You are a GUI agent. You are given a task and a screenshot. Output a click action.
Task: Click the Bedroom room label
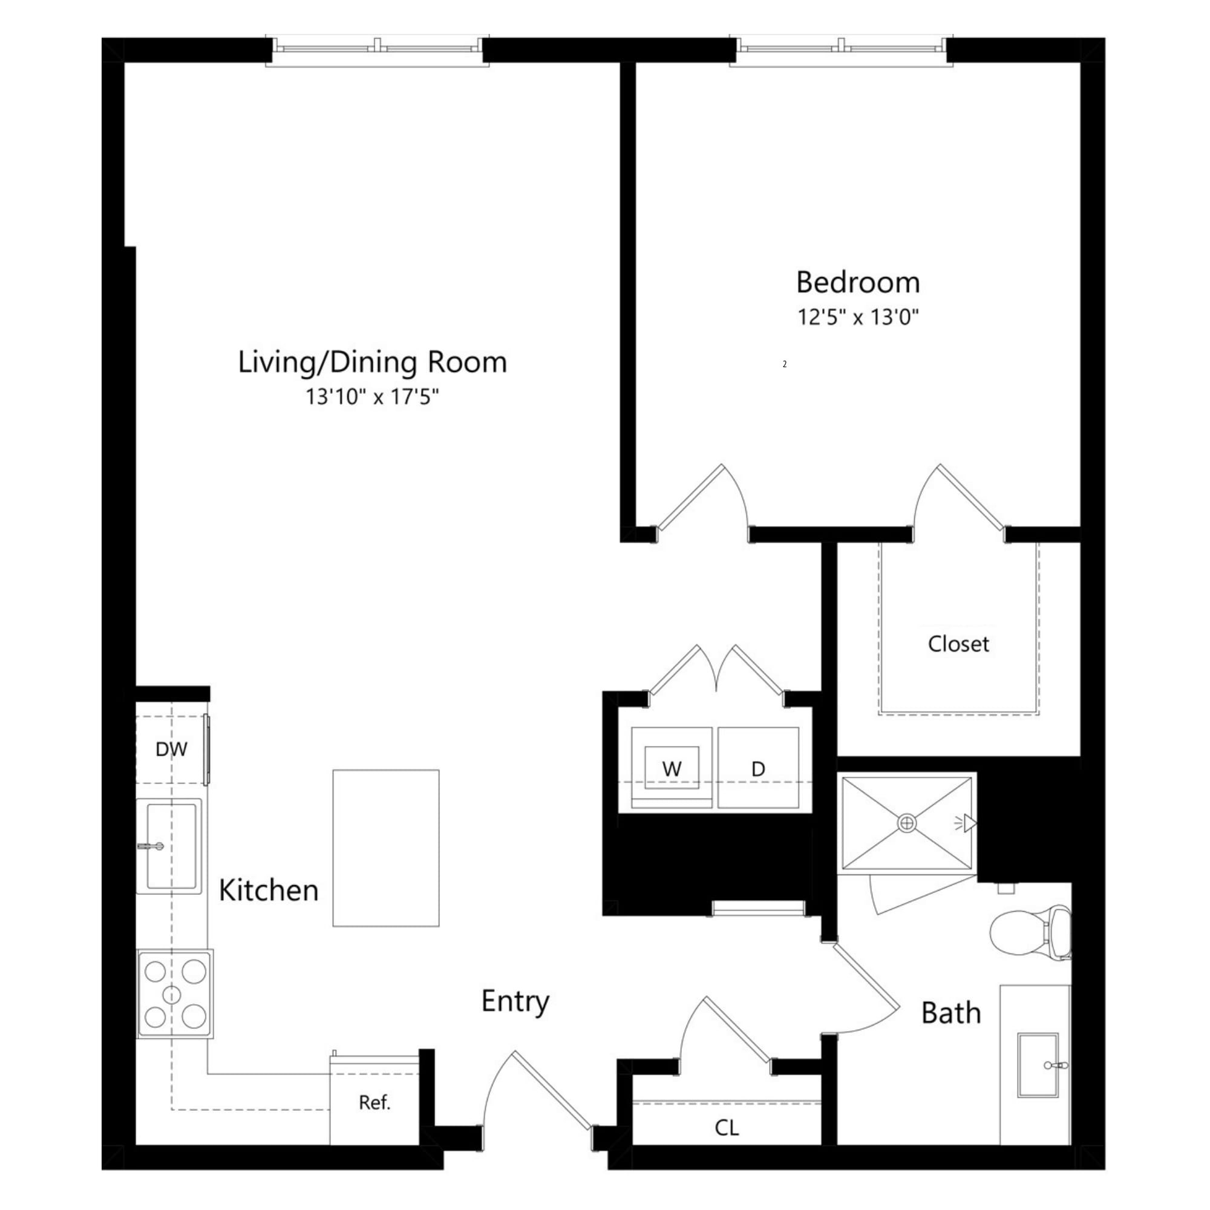pos(857,283)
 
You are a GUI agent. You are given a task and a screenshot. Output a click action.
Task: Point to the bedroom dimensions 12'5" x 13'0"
pos(857,317)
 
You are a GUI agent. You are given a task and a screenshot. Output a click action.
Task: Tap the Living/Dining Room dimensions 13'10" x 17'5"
pos(372,396)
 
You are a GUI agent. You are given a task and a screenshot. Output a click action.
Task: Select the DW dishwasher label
pos(171,749)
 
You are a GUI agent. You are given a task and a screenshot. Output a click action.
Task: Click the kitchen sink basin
pos(171,847)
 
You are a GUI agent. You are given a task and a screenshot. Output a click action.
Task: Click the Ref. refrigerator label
pos(374,1102)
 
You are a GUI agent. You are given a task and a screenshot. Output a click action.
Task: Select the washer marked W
pos(672,768)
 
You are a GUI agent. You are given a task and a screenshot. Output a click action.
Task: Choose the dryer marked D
pos(758,768)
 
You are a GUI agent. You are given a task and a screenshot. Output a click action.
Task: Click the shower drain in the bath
pos(906,823)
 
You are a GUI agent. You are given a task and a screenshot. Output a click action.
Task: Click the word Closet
pos(958,644)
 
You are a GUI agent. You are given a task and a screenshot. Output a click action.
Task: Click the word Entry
pos(515,1001)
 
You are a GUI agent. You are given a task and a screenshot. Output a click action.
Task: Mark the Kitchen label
pos(269,891)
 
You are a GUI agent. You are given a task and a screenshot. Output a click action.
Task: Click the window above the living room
pos(378,50)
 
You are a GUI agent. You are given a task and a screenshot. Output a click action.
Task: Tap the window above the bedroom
pos(841,50)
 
